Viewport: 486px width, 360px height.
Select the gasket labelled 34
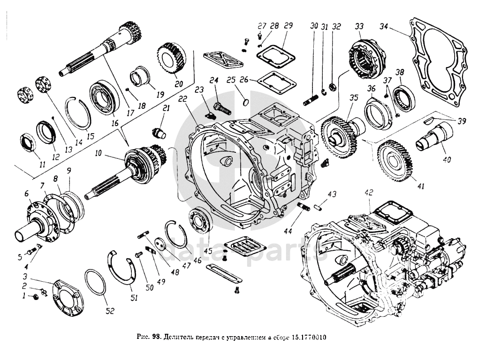(438, 61)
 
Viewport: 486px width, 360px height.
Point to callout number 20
(178, 84)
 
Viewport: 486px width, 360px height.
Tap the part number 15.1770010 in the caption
(309, 337)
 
